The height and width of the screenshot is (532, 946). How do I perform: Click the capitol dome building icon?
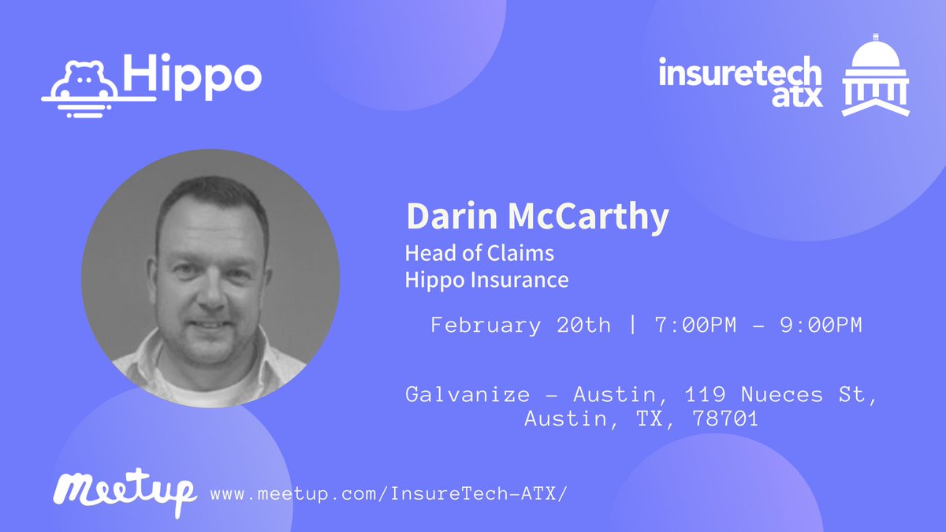click(875, 76)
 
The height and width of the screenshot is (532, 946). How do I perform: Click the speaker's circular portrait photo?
click(210, 278)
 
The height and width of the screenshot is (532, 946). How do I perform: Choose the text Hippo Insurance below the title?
click(486, 280)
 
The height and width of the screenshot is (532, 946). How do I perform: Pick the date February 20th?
click(520, 326)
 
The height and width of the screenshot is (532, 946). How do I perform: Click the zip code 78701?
click(725, 419)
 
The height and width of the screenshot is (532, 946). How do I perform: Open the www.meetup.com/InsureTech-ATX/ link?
click(389, 495)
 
